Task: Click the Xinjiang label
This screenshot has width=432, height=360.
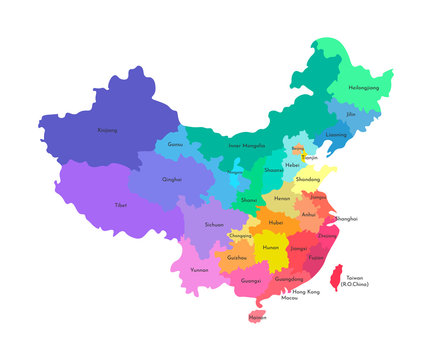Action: pyautogui.click(x=106, y=130)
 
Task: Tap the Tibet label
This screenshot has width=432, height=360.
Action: pyautogui.click(x=121, y=205)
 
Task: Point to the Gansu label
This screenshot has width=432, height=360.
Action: pyautogui.click(x=176, y=145)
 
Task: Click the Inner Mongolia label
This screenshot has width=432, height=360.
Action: pyautogui.click(x=247, y=145)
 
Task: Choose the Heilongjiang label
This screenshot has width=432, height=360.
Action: pyautogui.click(x=363, y=88)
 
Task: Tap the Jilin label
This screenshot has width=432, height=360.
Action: pyautogui.click(x=351, y=115)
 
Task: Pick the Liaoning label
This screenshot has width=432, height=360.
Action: pyautogui.click(x=336, y=135)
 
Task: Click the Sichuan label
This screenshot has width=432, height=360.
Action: pyautogui.click(x=214, y=225)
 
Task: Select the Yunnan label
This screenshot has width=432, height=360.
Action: pyautogui.click(x=200, y=270)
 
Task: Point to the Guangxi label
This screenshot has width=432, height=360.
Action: pyautogui.click(x=251, y=281)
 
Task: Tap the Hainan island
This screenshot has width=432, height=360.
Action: pyautogui.click(x=257, y=317)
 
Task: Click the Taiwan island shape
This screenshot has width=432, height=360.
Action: pyautogui.click(x=337, y=272)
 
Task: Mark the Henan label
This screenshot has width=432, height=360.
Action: pyautogui.click(x=282, y=198)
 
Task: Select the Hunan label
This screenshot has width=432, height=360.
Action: pyautogui.click(x=270, y=247)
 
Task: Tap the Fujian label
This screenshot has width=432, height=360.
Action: pyautogui.click(x=317, y=257)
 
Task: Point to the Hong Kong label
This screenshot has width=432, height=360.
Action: pyautogui.click(x=306, y=291)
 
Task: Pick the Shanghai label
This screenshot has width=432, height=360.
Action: pyautogui.click(x=346, y=218)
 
